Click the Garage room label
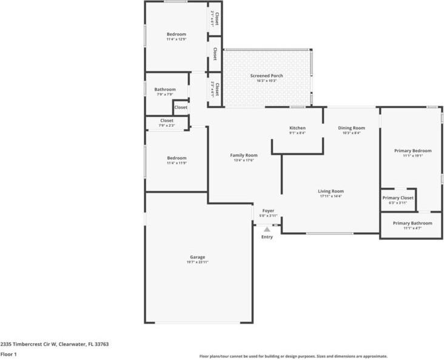coord(197,257)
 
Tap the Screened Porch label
coord(267,76)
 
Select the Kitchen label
coord(297,128)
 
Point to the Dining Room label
coord(351,128)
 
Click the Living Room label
coord(331,191)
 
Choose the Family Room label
coord(244,155)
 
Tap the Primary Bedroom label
coord(412,150)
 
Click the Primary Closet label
coord(398,198)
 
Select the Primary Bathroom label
coord(412,223)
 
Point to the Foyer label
coord(268,210)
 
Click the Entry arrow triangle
coord(267,229)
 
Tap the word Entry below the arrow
coord(267,237)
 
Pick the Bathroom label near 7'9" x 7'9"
coord(165,89)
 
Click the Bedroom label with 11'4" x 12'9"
coord(177,34)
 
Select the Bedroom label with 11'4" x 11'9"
coord(177,158)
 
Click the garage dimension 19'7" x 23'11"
coord(197,262)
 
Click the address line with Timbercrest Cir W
coord(55,344)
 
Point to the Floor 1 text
coord(8,354)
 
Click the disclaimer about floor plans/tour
coord(294,356)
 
